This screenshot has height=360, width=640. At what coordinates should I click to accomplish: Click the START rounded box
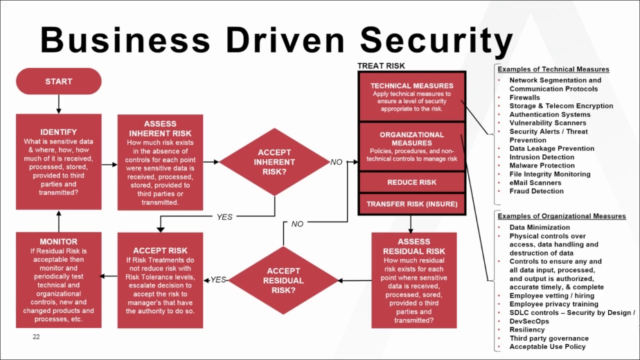tap(59, 82)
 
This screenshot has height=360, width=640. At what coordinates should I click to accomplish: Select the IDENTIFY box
tap(59, 161)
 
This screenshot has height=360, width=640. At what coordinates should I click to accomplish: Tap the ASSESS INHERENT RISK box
tap(160, 162)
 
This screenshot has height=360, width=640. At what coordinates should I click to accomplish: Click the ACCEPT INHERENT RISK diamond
tap(274, 162)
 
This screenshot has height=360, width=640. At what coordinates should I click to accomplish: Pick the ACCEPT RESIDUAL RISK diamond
tap(283, 280)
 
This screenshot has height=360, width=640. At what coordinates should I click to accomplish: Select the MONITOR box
tap(59, 280)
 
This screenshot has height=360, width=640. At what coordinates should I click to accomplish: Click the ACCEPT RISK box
tap(160, 280)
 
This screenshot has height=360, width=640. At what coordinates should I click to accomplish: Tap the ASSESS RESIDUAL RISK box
tap(411, 280)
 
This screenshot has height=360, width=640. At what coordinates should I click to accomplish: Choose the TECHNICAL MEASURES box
tap(411, 96)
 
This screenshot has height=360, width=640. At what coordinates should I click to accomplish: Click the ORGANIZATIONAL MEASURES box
tap(411, 146)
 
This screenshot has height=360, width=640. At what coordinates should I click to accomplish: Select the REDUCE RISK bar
tap(411, 183)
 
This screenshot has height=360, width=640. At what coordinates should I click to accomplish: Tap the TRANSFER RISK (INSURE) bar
tap(411, 204)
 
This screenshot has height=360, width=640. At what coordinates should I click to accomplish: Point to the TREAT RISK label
tap(381, 66)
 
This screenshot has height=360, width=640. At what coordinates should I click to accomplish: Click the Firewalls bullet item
tap(525, 98)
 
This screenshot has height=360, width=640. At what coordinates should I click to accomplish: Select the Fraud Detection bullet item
tap(537, 191)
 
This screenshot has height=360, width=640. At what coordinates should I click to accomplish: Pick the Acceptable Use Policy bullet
tap(547, 347)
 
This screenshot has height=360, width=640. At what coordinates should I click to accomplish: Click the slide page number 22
tap(37, 336)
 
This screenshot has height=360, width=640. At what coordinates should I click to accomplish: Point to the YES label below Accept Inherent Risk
tap(224, 217)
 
